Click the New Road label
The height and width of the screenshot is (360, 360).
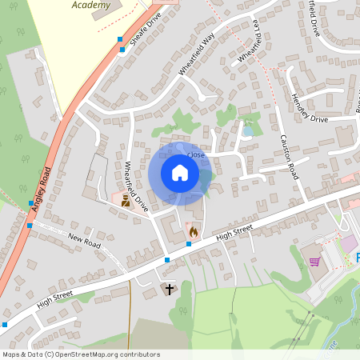point(86,239)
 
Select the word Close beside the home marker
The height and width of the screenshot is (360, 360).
point(196,154)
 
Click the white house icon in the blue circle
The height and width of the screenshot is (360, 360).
point(180,173)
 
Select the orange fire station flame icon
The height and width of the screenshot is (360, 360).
point(193,231)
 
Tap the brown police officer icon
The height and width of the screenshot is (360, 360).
point(124,202)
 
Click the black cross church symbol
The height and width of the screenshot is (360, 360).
point(169,288)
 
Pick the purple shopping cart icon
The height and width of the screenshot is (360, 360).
point(314,261)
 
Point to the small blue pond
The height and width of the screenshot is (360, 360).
point(248,129)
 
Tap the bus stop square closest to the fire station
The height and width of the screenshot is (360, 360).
point(188,243)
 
